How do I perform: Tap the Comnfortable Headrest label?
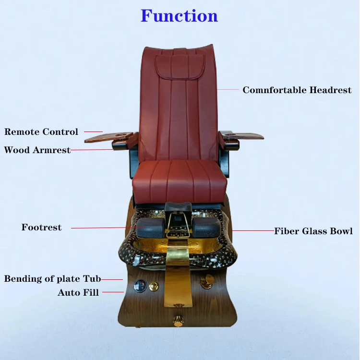pyautogui.click(x=297, y=90)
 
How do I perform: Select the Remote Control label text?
pyautogui.click(x=41, y=132)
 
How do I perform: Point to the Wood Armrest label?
pyautogui.click(x=37, y=150)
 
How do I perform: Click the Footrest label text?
pyautogui.click(x=41, y=228)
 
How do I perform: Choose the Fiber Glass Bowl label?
pyautogui.click(x=313, y=231)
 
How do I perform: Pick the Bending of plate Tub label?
pyautogui.click(x=52, y=279)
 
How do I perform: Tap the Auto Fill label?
pyautogui.click(x=78, y=292)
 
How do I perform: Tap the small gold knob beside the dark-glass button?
pyautogui.click(x=154, y=286)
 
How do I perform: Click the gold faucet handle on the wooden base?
pyautogui.click(x=207, y=282)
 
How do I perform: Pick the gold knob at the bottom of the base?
pyautogui.click(x=179, y=320)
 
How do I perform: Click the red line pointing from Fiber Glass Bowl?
pyautogui.click(x=253, y=231)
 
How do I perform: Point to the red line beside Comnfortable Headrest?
pyautogui.click(x=228, y=90)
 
